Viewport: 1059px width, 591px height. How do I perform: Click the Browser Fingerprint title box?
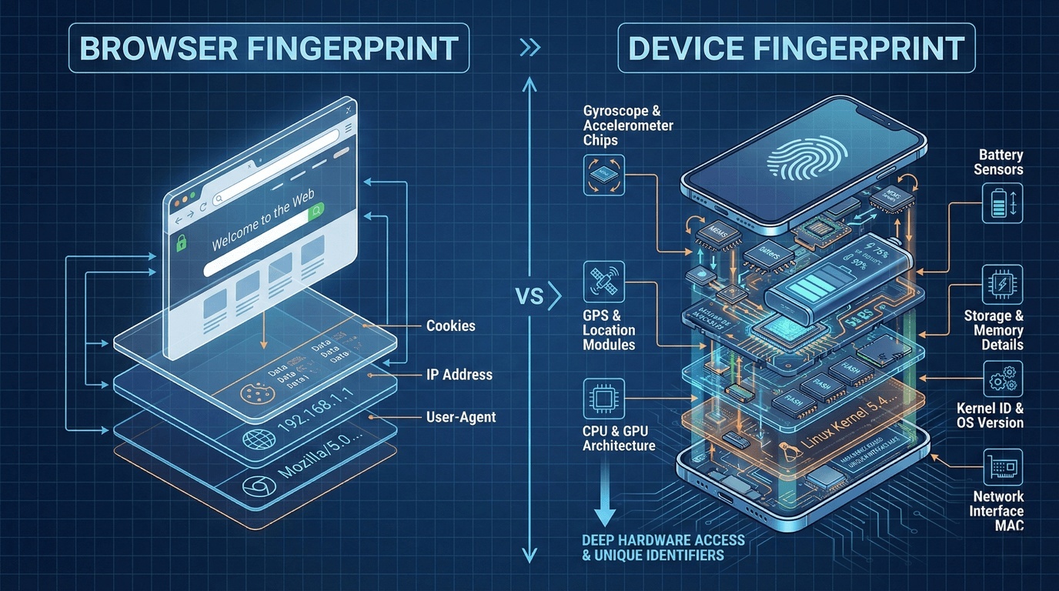[x=269, y=48]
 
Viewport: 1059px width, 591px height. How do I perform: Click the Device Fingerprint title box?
[x=796, y=48]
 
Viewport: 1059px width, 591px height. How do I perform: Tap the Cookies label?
[x=450, y=326]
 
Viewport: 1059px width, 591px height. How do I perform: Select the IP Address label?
[x=459, y=375]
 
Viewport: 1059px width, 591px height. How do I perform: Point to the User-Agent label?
[x=460, y=417]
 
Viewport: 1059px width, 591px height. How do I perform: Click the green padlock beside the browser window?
[x=182, y=245]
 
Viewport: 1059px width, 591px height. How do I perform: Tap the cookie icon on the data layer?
[x=252, y=393]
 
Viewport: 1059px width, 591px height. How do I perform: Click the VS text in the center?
[x=529, y=296]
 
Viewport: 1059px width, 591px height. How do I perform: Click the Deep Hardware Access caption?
[x=653, y=546]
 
